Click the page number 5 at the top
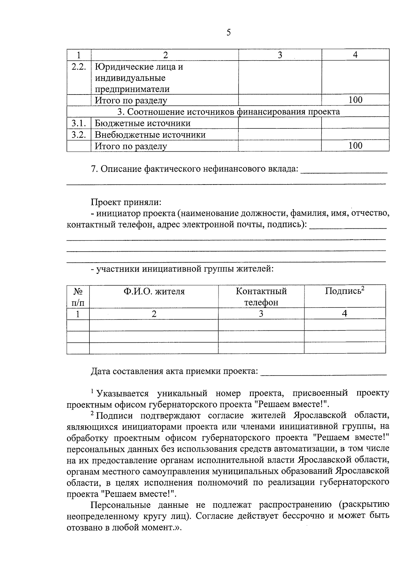pyautogui.click(x=228, y=33)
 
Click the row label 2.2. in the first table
pyautogui.click(x=78, y=66)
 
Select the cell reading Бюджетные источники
pyautogui.click(x=142, y=123)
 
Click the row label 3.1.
pyautogui.click(x=78, y=123)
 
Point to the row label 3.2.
pyautogui.click(x=78, y=135)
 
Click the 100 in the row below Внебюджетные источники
pyautogui.click(x=355, y=146)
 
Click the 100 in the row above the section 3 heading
pyautogui.click(x=355, y=100)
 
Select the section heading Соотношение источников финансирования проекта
pyautogui.click(x=228, y=112)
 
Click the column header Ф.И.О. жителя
pyautogui.click(x=154, y=291)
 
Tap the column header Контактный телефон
pyautogui.click(x=261, y=296)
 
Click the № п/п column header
pyautogui.click(x=78, y=296)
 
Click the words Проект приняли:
pyautogui.click(x=126, y=202)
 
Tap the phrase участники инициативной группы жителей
pyautogui.click(x=185, y=269)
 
